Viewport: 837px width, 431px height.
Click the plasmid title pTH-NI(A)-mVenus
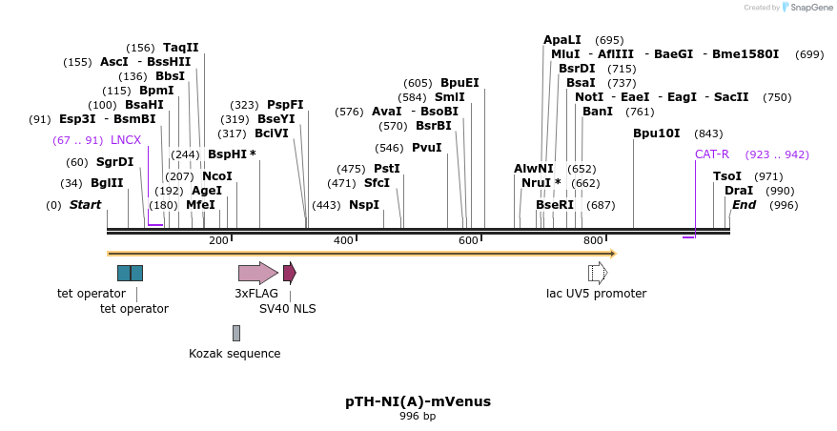(418, 401)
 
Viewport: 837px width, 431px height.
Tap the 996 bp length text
(418, 416)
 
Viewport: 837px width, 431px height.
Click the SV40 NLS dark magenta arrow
(289, 273)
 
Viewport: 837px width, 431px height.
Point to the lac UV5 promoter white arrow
(598, 273)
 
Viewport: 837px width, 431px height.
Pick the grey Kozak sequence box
(236, 333)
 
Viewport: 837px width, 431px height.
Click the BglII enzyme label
(107, 183)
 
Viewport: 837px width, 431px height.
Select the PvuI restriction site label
(427, 148)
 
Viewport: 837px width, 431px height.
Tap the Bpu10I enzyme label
(657, 133)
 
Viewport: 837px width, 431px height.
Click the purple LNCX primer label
(126, 140)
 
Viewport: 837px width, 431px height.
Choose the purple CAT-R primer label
(712, 154)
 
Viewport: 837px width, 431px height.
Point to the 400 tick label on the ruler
(343, 240)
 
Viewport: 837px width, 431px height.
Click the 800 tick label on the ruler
(593, 240)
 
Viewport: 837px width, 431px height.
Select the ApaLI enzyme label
(562, 40)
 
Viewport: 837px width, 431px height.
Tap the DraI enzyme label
(739, 191)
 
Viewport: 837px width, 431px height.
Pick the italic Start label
(85, 205)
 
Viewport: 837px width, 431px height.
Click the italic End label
(744, 205)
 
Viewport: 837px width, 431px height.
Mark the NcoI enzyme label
(217, 176)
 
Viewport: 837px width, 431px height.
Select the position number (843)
(708, 133)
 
